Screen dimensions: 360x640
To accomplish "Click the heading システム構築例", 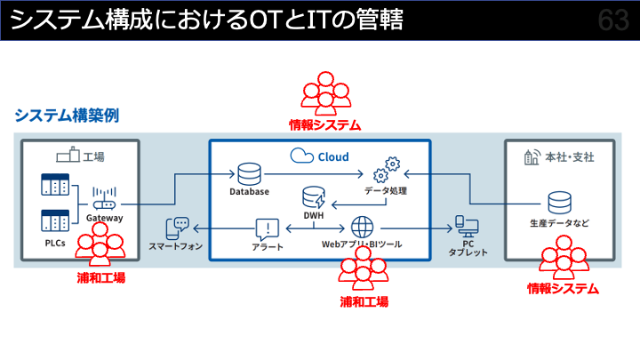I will (x=66, y=115).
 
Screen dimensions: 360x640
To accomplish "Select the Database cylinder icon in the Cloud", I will (x=248, y=172).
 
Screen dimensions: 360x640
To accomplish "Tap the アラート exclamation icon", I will (x=268, y=228).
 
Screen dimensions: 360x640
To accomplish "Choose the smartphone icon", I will (x=180, y=228).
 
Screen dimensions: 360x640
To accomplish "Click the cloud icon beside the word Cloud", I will (x=299, y=156).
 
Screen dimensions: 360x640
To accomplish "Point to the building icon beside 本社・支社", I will (x=532, y=157).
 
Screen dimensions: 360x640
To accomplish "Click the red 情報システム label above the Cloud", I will (x=325, y=125).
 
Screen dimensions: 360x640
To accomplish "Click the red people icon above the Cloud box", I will (x=324, y=95).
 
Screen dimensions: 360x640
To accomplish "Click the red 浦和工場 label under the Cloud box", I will (x=364, y=301).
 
